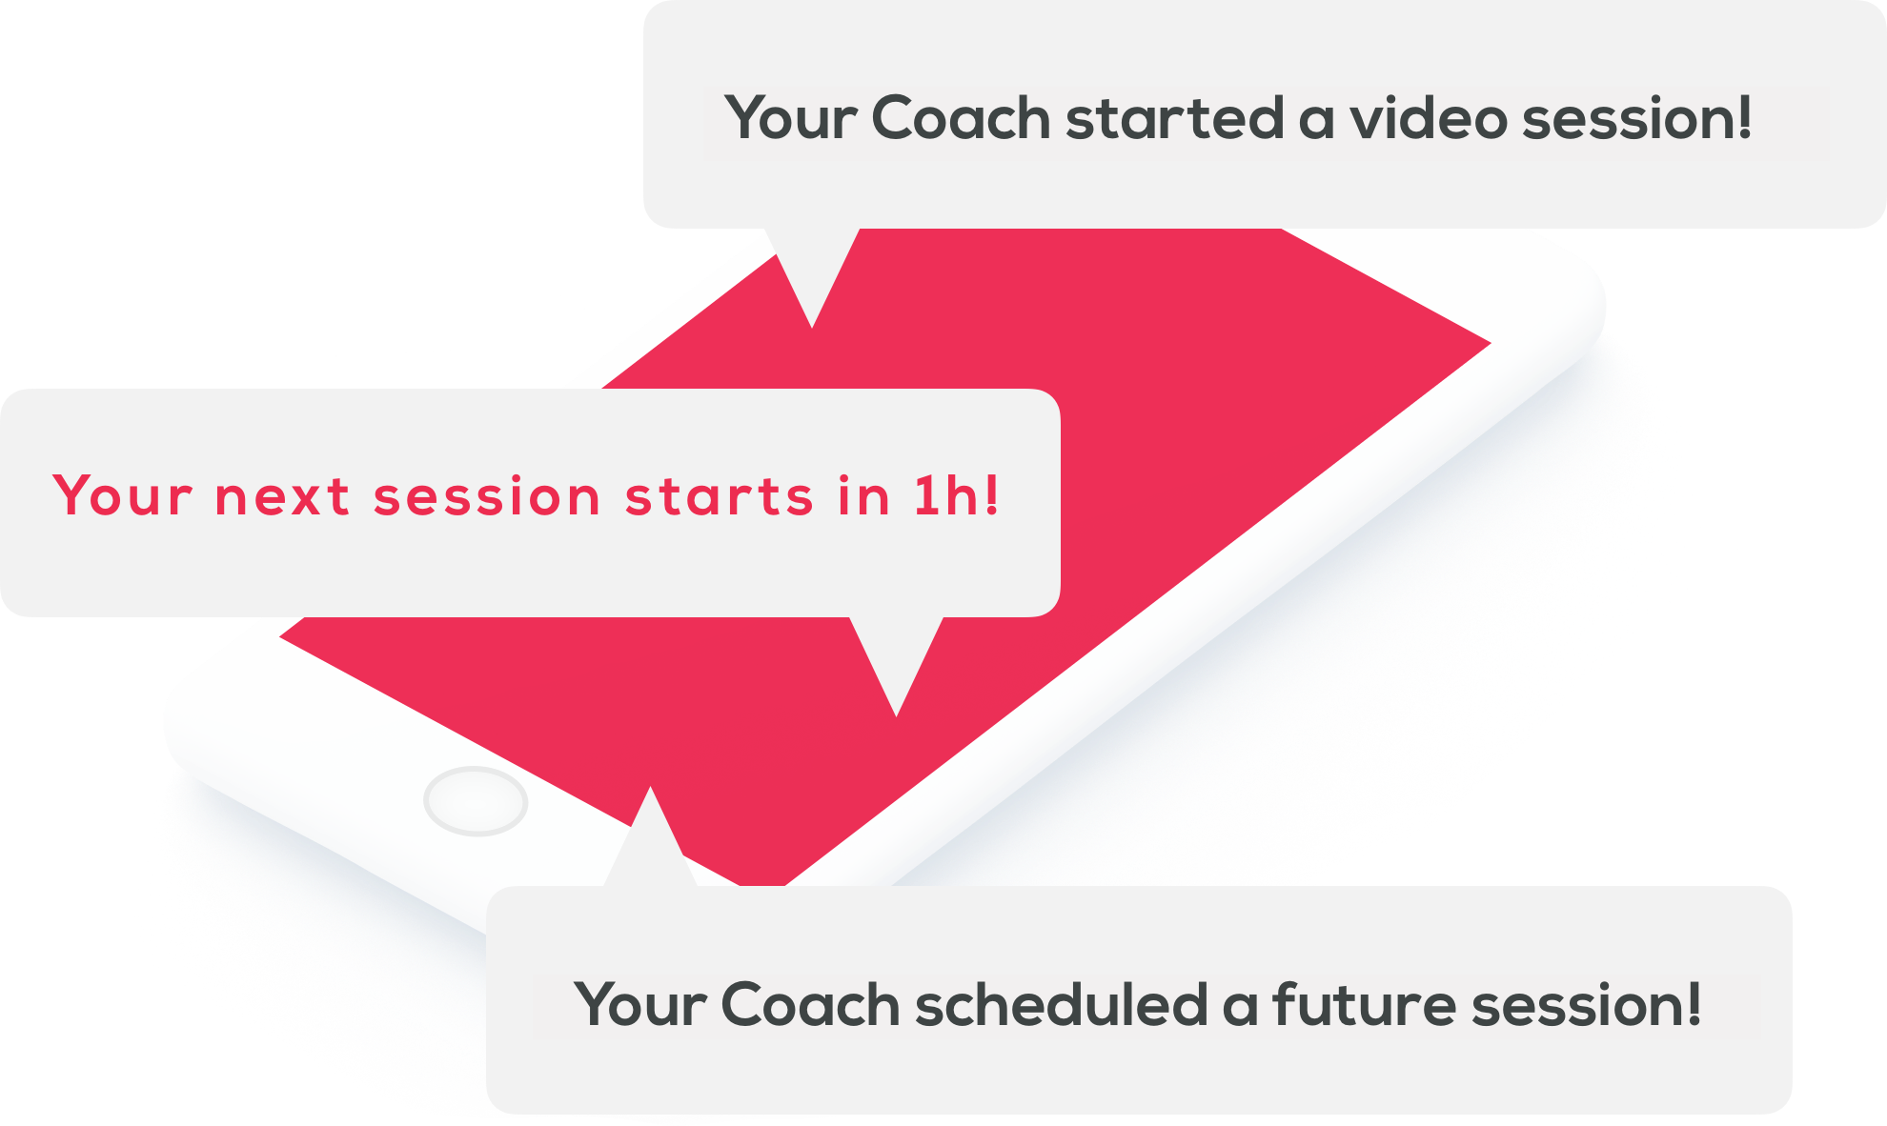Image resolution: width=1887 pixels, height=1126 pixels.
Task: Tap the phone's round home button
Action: [x=476, y=801]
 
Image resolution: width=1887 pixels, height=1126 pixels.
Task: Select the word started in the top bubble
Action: [x=1174, y=118]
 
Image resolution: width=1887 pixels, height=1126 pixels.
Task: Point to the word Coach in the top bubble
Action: [x=961, y=118]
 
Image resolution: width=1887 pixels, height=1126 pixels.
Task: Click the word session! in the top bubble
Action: [x=1637, y=118]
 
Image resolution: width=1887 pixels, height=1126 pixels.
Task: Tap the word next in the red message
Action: [x=282, y=497]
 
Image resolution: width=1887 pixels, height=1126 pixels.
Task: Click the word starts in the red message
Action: [x=719, y=497]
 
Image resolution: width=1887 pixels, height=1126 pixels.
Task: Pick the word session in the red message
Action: [x=487, y=497]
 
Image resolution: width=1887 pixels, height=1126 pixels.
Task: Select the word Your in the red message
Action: [x=123, y=495]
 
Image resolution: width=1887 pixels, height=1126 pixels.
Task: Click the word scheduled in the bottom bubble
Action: [x=1062, y=1004]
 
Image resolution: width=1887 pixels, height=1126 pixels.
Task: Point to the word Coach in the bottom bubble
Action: [x=810, y=1004]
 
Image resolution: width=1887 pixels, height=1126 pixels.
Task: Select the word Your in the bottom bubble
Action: [x=640, y=1004]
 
